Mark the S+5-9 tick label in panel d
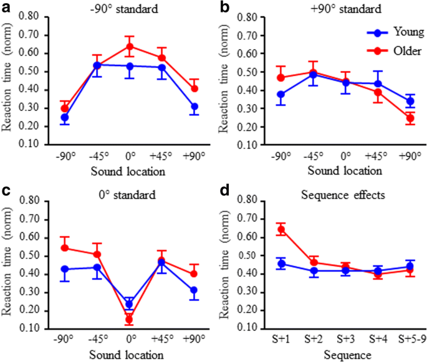coord(411,339)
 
